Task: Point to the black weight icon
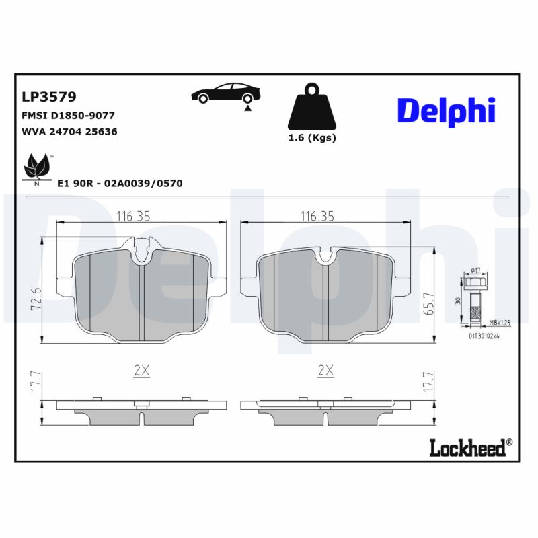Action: pos(311,108)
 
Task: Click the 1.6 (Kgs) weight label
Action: pos(311,138)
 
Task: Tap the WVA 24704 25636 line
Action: pos(70,132)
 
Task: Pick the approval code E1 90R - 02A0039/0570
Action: pos(120,183)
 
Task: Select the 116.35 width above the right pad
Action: pos(317,217)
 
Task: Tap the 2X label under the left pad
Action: pos(141,371)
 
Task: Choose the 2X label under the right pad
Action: pos(325,371)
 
